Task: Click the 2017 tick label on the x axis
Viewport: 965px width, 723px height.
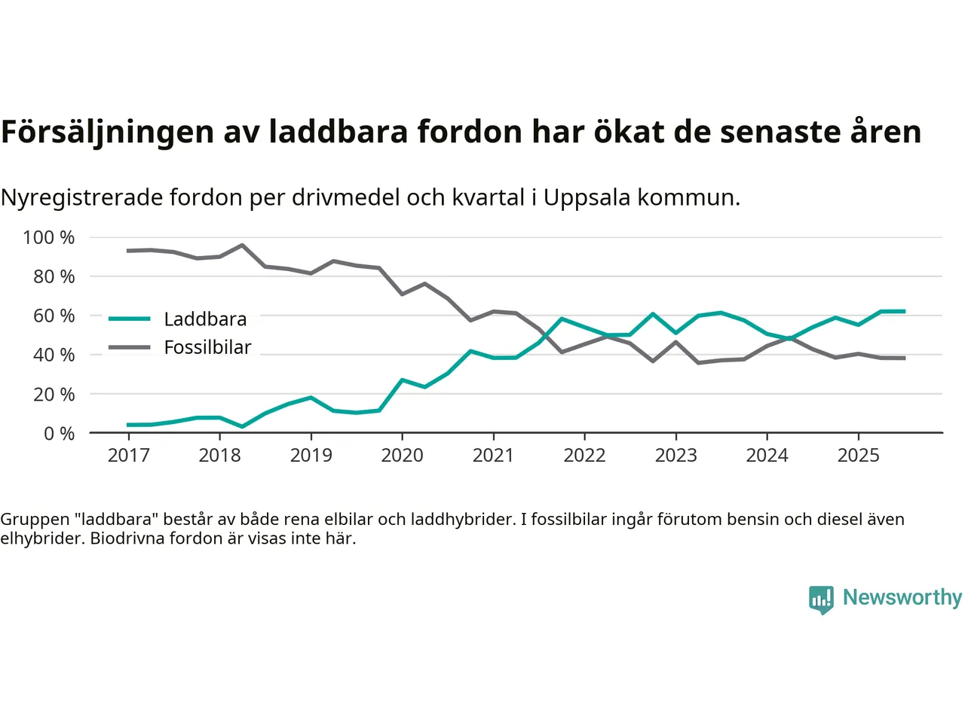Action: pyautogui.click(x=128, y=455)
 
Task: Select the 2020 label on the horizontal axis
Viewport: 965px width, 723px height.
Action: pyautogui.click(x=402, y=455)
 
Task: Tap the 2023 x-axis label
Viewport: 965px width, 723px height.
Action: pyautogui.click(x=675, y=455)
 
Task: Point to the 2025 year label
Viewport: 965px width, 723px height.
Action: pyautogui.click(x=858, y=455)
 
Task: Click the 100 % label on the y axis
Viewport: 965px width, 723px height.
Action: pyautogui.click(x=49, y=237)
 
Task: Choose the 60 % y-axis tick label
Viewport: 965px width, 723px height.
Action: pyautogui.click(x=54, y=316)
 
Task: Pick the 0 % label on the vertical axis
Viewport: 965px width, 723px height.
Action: pyautogui.click(x=59, y=433)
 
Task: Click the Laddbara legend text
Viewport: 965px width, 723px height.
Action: pyautogui.click(x=205, y=319)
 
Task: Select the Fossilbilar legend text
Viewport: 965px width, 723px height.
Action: pyautogui.click(x=207, y=347)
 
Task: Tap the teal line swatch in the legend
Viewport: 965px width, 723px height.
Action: pyautogui.click(x=130, y=319)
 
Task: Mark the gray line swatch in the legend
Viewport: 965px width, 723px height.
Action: pyautogui.click(x=130, y=347)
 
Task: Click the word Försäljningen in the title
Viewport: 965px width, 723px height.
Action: pyautogui.click(x=107, y=132)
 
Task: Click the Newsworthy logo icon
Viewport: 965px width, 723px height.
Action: pyautogui.click(x=821, y=599)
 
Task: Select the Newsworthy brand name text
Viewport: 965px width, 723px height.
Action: pyautogui.click(x=902, y=597)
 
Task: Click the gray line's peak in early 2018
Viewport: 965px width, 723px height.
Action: pyautogui.click(x=242, y=245)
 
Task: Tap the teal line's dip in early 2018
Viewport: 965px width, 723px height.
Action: pyautogui.click(x=242, y=426)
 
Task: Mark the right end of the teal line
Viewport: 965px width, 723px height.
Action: pyautogui.click(x=904, y=311)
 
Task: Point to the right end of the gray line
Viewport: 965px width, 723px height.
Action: pyautogui.click(x=904, y=358)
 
